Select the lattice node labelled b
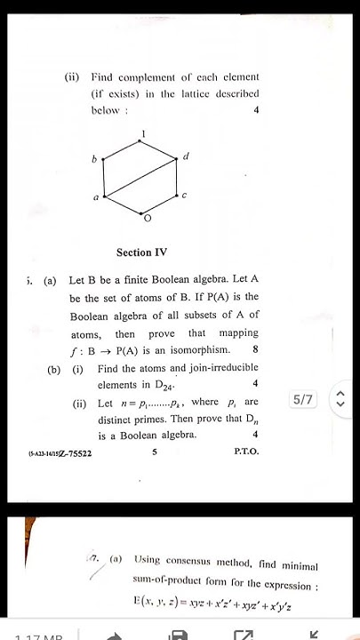105,160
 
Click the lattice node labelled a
105,196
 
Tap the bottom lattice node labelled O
143,213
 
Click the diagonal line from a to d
142,178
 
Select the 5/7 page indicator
302,400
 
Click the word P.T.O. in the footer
246,452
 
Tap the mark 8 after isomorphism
256,349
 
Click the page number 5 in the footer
154,452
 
